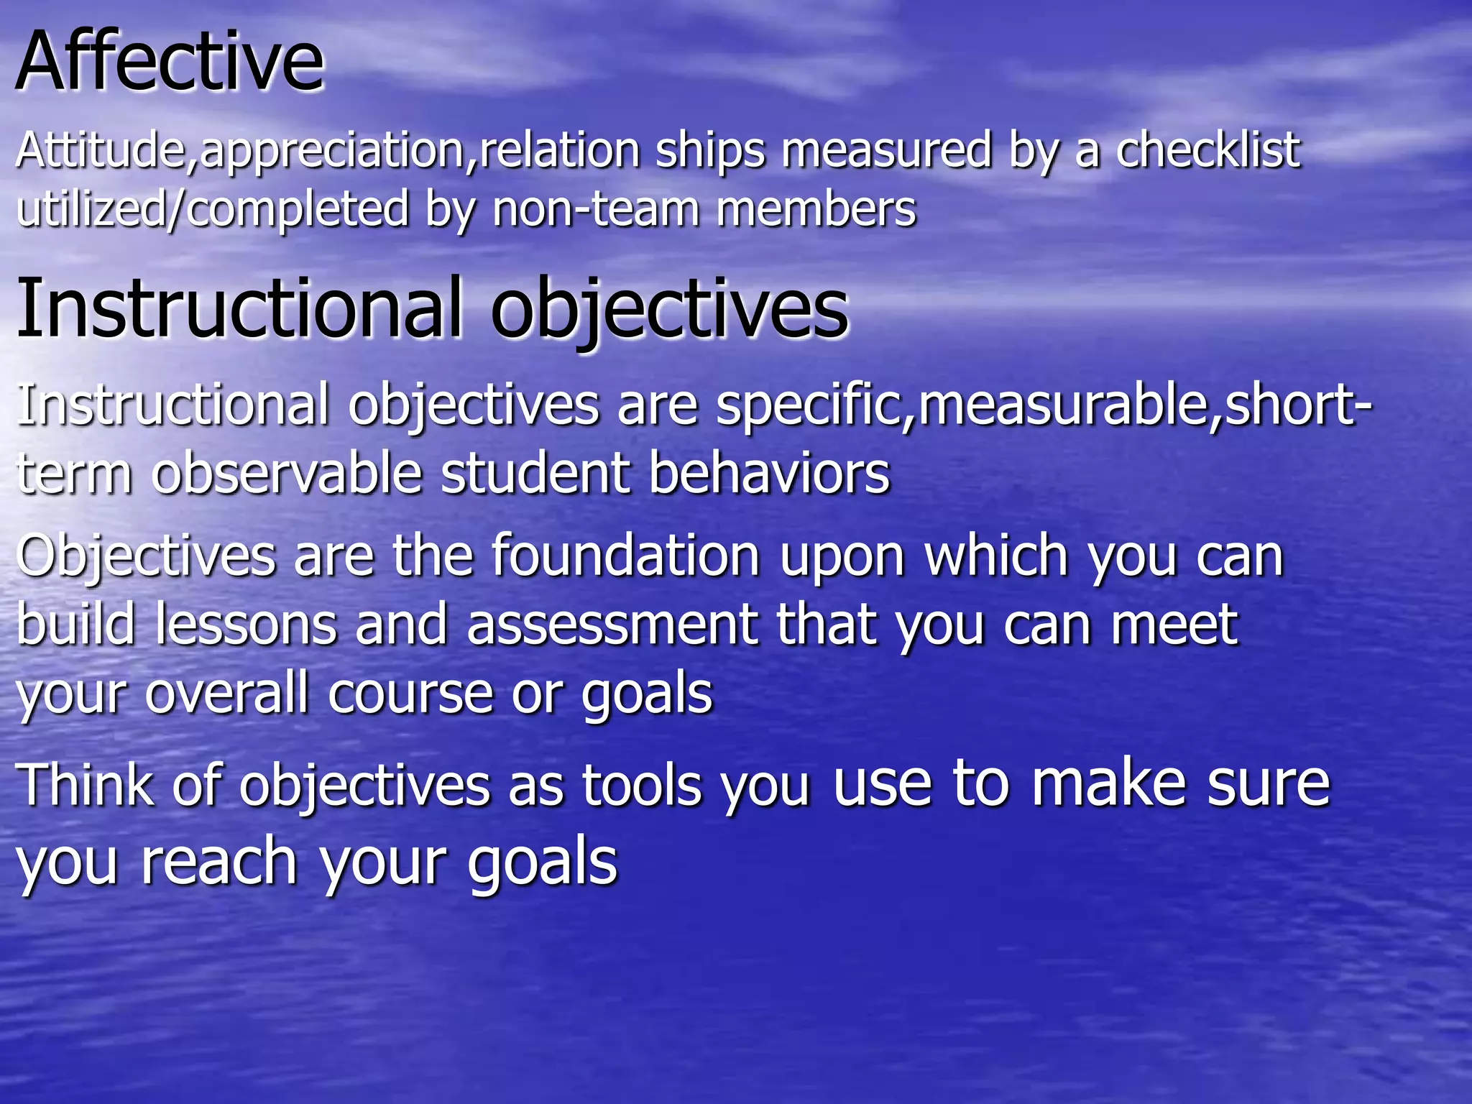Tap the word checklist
tap(1207, 151)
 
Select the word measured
tap(886, 151)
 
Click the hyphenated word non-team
tap(595, 210)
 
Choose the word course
tap(410, 693)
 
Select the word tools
tap(642, 785)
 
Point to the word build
tap(76, 624)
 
